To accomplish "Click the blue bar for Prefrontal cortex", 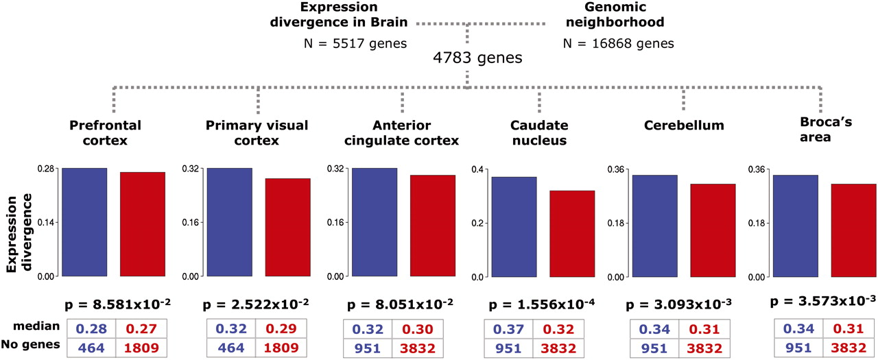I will point(84,222).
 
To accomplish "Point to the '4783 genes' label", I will point(477,58).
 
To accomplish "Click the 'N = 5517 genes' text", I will point(355,44).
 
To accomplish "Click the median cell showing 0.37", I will point(508,329).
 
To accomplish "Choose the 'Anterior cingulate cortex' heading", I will point(403,134).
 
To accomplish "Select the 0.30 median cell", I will point(418,329).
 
